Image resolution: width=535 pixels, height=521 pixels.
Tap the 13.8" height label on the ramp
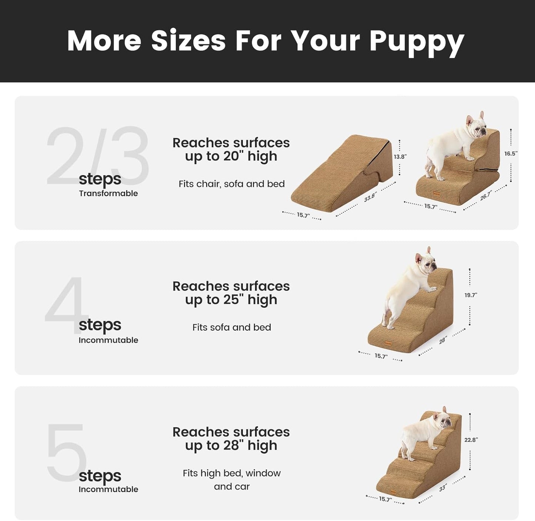coord(400,157)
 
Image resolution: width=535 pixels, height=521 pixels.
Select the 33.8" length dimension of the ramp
coord(370,197)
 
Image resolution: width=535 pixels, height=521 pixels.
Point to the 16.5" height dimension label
coord(511,154)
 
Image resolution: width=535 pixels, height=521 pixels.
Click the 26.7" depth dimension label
coord(486,196)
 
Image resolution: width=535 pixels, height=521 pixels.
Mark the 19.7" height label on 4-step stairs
coord(471,295)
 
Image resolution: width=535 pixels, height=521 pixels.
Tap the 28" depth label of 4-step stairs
coord(443,340)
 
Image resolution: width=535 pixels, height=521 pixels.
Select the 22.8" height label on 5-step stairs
coord(471,440)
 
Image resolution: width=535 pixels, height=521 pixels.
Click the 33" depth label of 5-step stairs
coord(443,488)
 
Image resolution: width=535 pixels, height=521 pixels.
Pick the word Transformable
coord(108,193)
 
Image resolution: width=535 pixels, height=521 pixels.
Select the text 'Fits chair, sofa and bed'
coord(231,184)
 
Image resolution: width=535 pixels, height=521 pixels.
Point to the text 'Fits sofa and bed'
coord(231,327)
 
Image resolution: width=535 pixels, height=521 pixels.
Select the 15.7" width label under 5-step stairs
coord(385,499)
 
